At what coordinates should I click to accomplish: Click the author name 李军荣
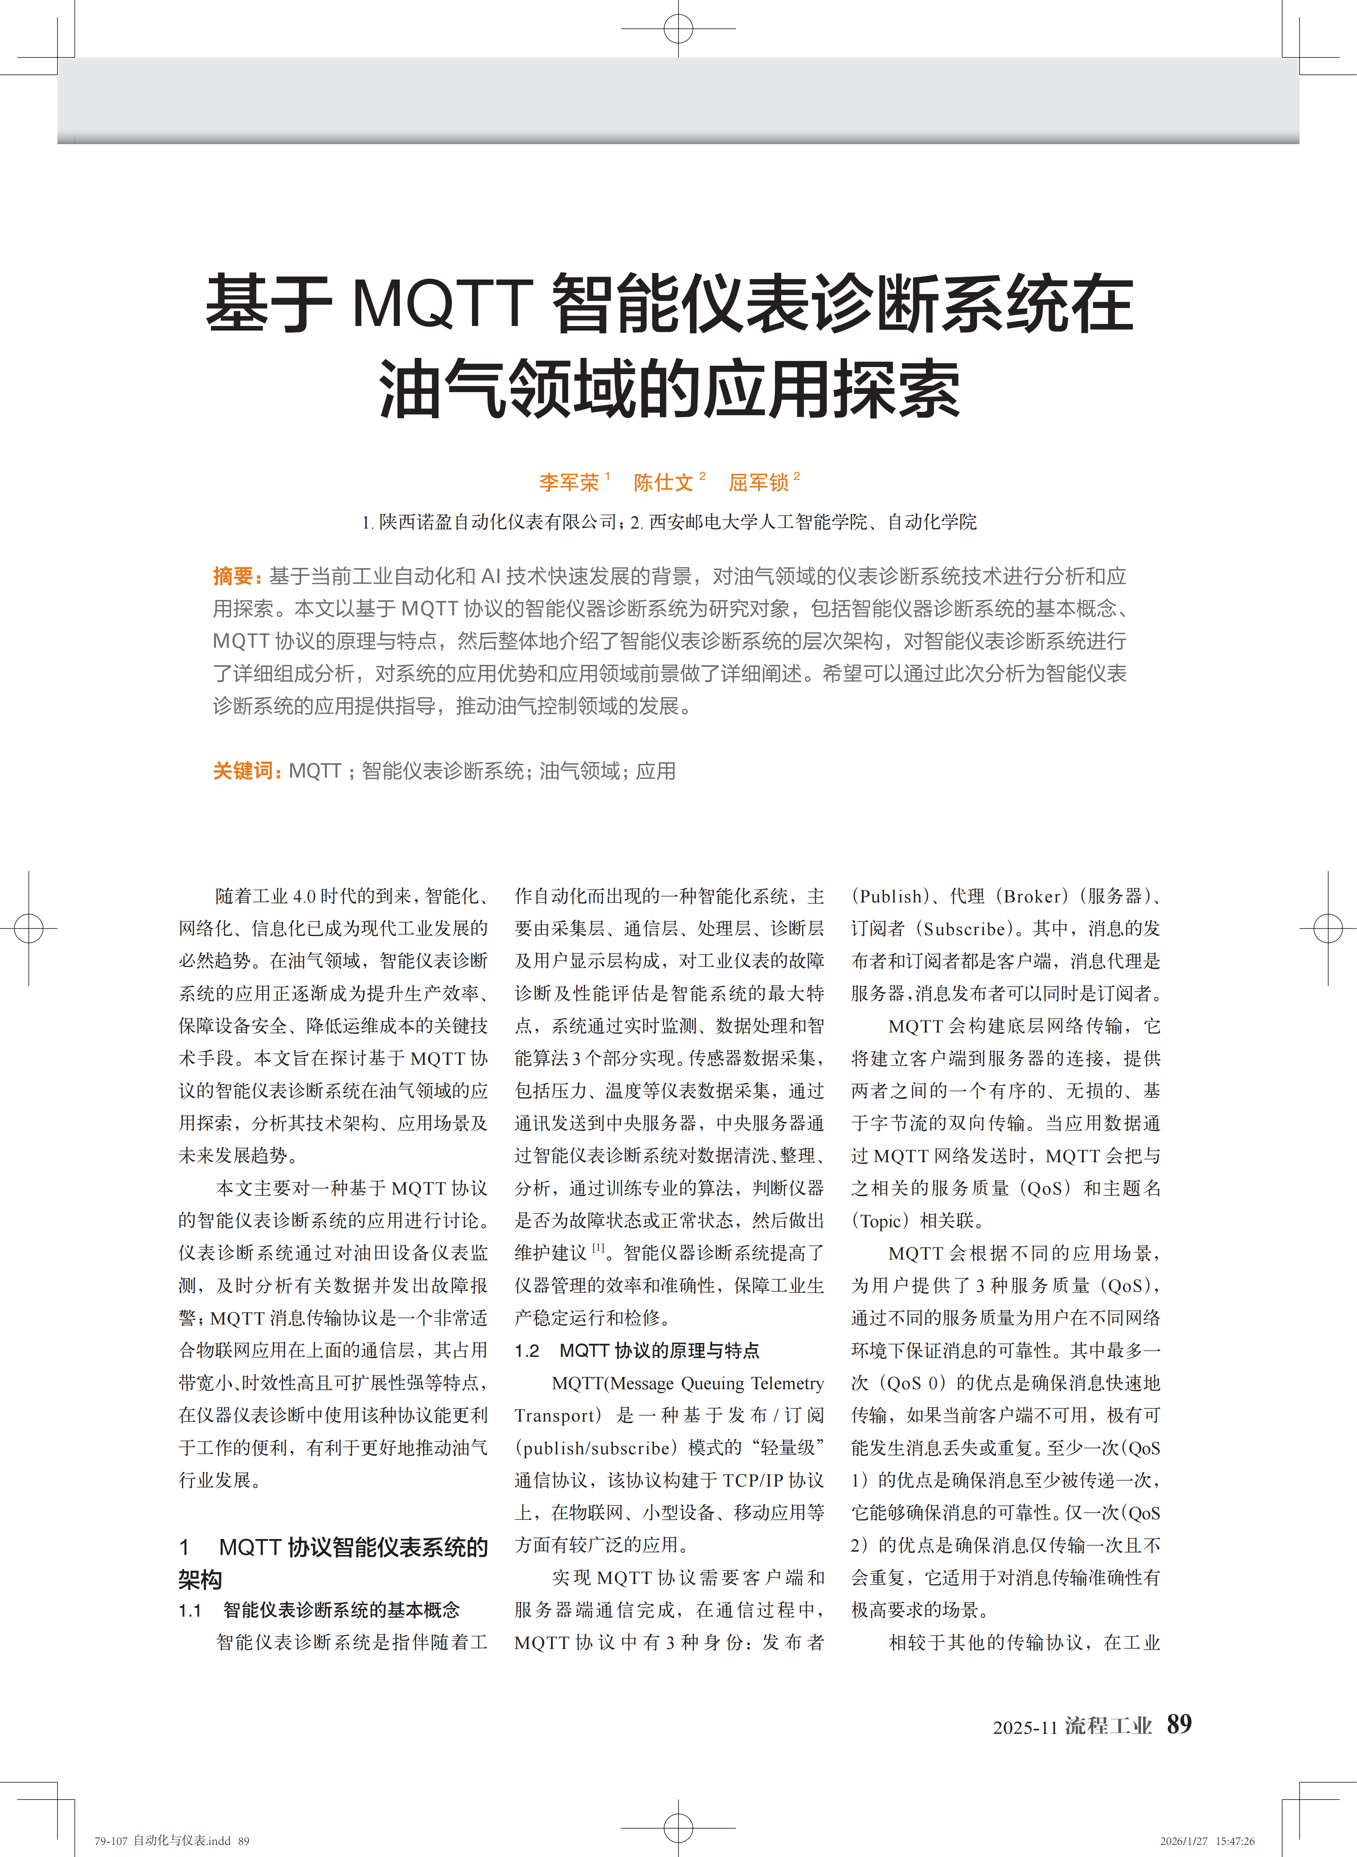(x=569, y=482)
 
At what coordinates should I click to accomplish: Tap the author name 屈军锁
(x=758, y=482)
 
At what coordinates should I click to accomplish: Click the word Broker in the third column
(x=1036, y=896)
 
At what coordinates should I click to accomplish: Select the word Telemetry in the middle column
(x=787, y=1383)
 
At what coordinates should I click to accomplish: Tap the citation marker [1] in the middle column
(x=599, y=1248)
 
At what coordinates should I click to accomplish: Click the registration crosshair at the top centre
(x=678, y=29)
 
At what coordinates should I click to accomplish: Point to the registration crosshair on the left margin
(x=29, y=929)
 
